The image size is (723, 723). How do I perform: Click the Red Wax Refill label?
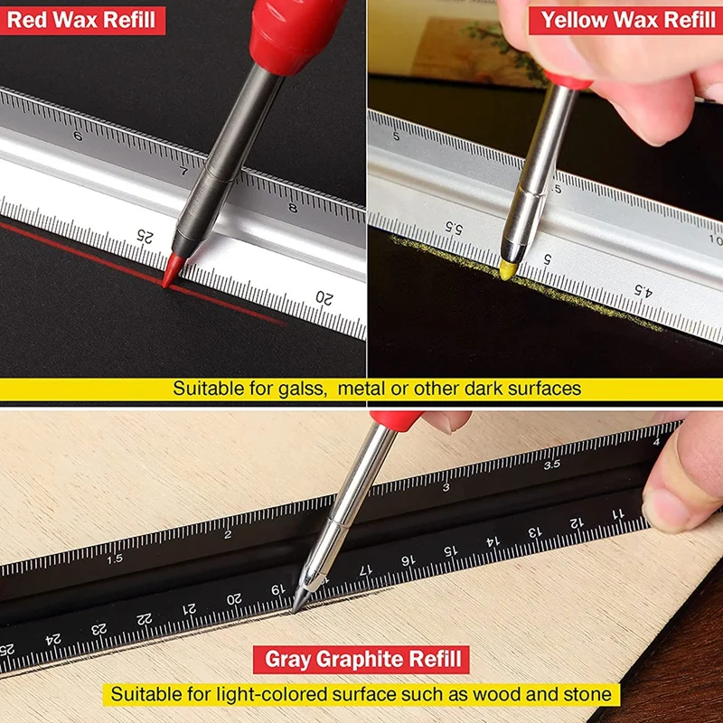(x=81, y=18)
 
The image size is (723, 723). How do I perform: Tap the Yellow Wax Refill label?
(x=624, y=18)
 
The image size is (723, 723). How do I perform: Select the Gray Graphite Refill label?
(x=362, y=659)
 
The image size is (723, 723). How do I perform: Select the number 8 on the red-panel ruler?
(x=292, y=208)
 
